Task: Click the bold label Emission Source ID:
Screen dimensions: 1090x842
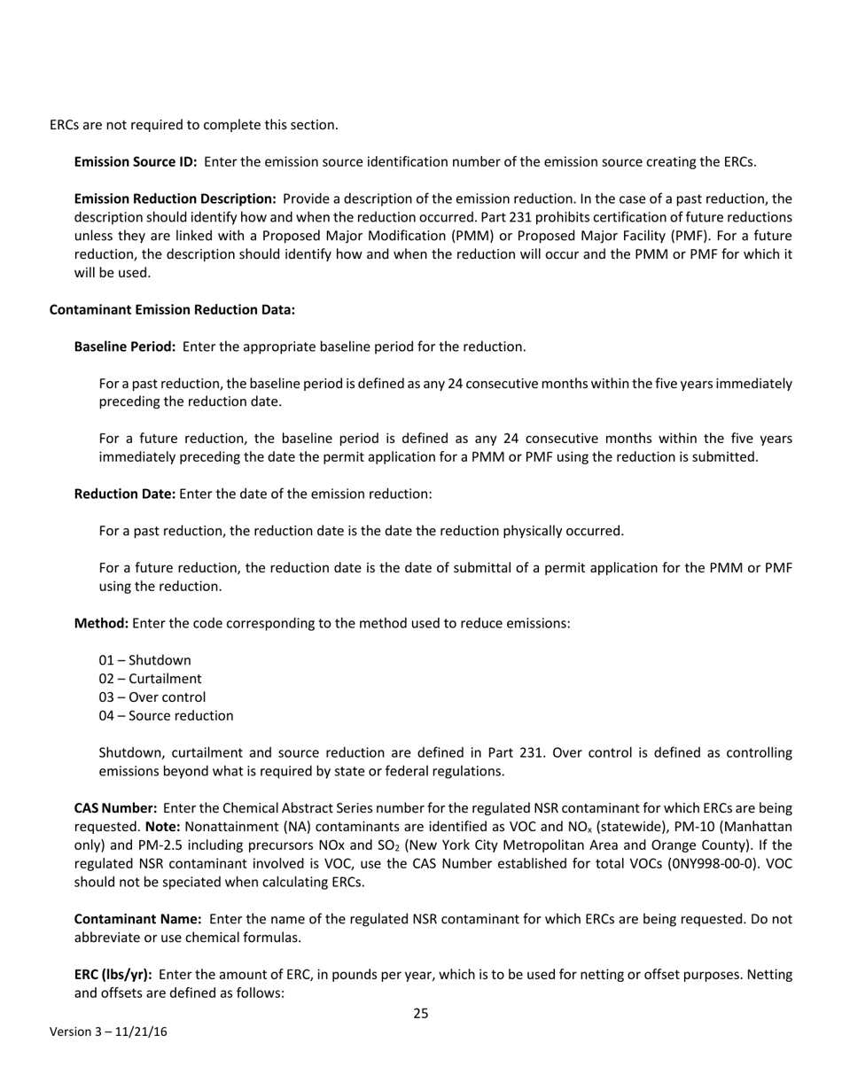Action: (136, 162)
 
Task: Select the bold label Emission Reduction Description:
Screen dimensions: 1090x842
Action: (175, 199)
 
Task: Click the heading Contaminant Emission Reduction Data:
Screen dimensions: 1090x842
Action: (172, 310)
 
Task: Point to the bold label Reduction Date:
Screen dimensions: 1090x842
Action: (125, 494)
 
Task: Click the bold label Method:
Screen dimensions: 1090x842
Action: (101, 623)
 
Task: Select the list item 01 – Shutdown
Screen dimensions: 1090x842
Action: (144, 661)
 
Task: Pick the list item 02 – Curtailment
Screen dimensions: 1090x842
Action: (151, 680)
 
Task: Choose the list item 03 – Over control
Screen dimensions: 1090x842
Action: (152, 697)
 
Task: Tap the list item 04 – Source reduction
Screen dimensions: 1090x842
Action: (167, 716)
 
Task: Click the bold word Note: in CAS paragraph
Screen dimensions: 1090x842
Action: (162, 827)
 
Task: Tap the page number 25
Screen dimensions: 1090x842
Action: (421, 1014)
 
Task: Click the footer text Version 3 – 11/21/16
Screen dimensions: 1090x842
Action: (108, 1032)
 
